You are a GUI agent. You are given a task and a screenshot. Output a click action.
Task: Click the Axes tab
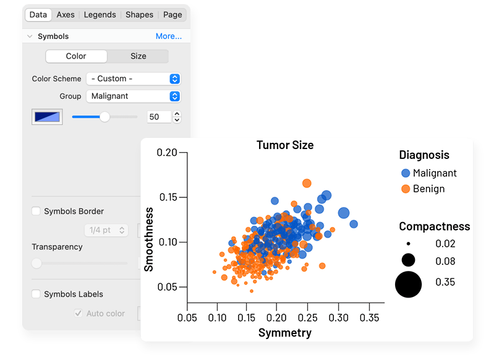(x=66, y=14)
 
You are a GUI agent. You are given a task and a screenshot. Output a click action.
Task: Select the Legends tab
(x=100, y=14)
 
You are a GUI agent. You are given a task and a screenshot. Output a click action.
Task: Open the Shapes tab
(x=139, y=14)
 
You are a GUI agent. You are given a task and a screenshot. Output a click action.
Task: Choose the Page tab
(x=172, y=14)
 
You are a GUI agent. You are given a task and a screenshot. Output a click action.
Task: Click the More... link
(x=168, y=36)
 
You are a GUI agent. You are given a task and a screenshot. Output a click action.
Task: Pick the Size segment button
(x=138, y=56)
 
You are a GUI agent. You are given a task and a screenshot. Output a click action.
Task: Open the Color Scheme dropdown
(x=133, y=79)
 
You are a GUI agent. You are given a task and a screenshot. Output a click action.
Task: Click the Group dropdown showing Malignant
(x=133, y=96)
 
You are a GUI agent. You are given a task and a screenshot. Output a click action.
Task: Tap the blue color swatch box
(x=48, y=116)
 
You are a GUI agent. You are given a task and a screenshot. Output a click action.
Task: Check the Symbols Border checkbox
(x=36, y=212)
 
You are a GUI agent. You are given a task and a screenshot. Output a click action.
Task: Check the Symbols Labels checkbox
(x=36, y=294)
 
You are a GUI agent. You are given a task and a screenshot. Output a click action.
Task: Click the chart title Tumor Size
(x=285, y=145)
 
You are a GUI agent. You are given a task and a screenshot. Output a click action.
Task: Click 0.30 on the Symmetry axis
(x=338, y=317)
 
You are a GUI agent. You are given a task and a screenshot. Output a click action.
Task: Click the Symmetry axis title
(x=285, y=333)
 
